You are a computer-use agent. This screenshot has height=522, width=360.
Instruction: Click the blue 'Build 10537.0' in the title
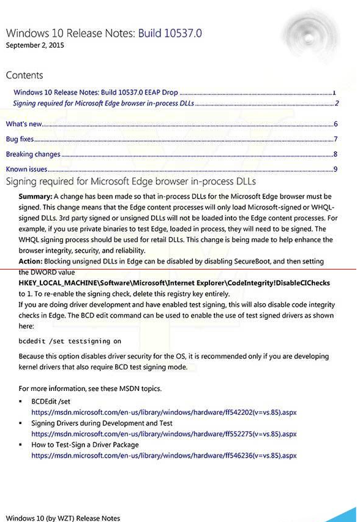(170, 33)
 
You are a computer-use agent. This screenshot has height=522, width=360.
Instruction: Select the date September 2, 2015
(35, 45)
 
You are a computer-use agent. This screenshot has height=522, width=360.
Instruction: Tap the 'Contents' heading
(24, 75)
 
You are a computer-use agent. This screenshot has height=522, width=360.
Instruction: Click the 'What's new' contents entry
(24, 124)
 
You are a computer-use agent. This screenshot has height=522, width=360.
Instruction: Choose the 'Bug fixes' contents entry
(20, 139)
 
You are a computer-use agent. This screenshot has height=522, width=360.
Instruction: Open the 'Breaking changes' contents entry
(33, 154)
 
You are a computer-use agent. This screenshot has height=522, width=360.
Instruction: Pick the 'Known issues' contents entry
(26, 169)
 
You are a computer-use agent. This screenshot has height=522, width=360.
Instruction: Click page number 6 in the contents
(336, 124)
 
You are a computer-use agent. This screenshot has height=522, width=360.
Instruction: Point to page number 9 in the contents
(336, 169)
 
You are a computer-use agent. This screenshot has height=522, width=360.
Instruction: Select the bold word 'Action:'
(31, 261)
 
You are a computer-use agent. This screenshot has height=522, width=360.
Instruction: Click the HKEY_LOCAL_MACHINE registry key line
(174, 283)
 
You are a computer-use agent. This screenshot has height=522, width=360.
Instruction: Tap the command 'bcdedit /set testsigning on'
(70, 341)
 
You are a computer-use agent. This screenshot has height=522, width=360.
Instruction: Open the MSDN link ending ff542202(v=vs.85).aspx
(164, 412)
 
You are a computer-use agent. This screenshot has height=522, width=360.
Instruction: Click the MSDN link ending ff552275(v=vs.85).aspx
(164, 434)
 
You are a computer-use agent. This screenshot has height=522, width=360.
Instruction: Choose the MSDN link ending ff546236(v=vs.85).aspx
(164, 456)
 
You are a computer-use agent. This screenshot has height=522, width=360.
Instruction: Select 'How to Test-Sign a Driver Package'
(85, 445)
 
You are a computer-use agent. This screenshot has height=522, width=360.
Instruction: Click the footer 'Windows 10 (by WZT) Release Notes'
(63, 518)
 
